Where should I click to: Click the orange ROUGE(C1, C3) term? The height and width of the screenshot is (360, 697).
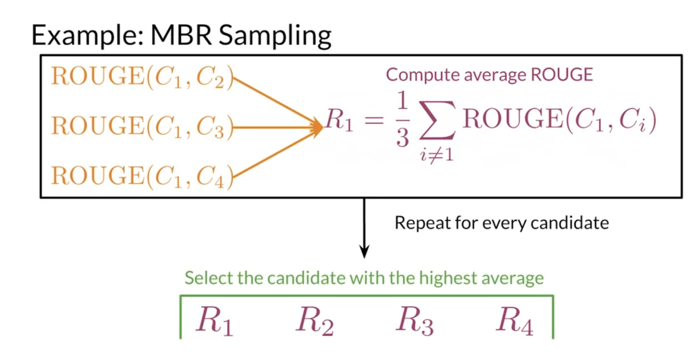(x=142, y=127)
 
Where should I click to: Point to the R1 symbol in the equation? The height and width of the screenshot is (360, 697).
(x=340, y=122)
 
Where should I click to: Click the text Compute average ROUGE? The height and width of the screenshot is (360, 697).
(x=489, y=75)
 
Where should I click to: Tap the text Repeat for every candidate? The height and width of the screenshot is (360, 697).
(x=501, y=223)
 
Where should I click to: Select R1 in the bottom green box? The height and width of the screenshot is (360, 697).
(x=215, y=320)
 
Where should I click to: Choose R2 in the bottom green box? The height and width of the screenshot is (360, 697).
(x=315, y=320)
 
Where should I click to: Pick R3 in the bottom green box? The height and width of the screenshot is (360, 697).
(x=414, y=320)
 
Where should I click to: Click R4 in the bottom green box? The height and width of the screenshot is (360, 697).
(x=515, y=320)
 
